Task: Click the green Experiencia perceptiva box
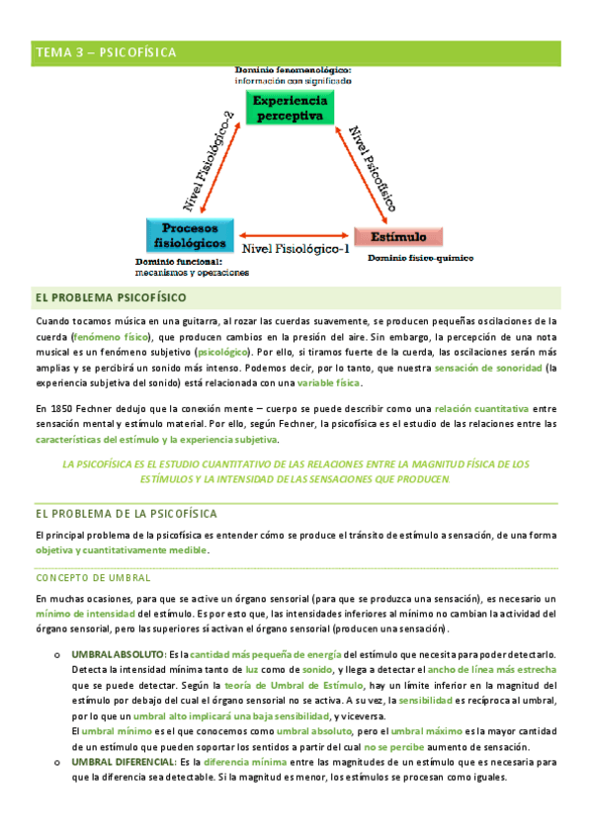[290, 109]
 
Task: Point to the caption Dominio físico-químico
[420, 259]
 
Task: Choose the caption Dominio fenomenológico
[294, 70]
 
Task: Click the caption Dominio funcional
[178, 262]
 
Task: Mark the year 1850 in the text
[62, 408]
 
